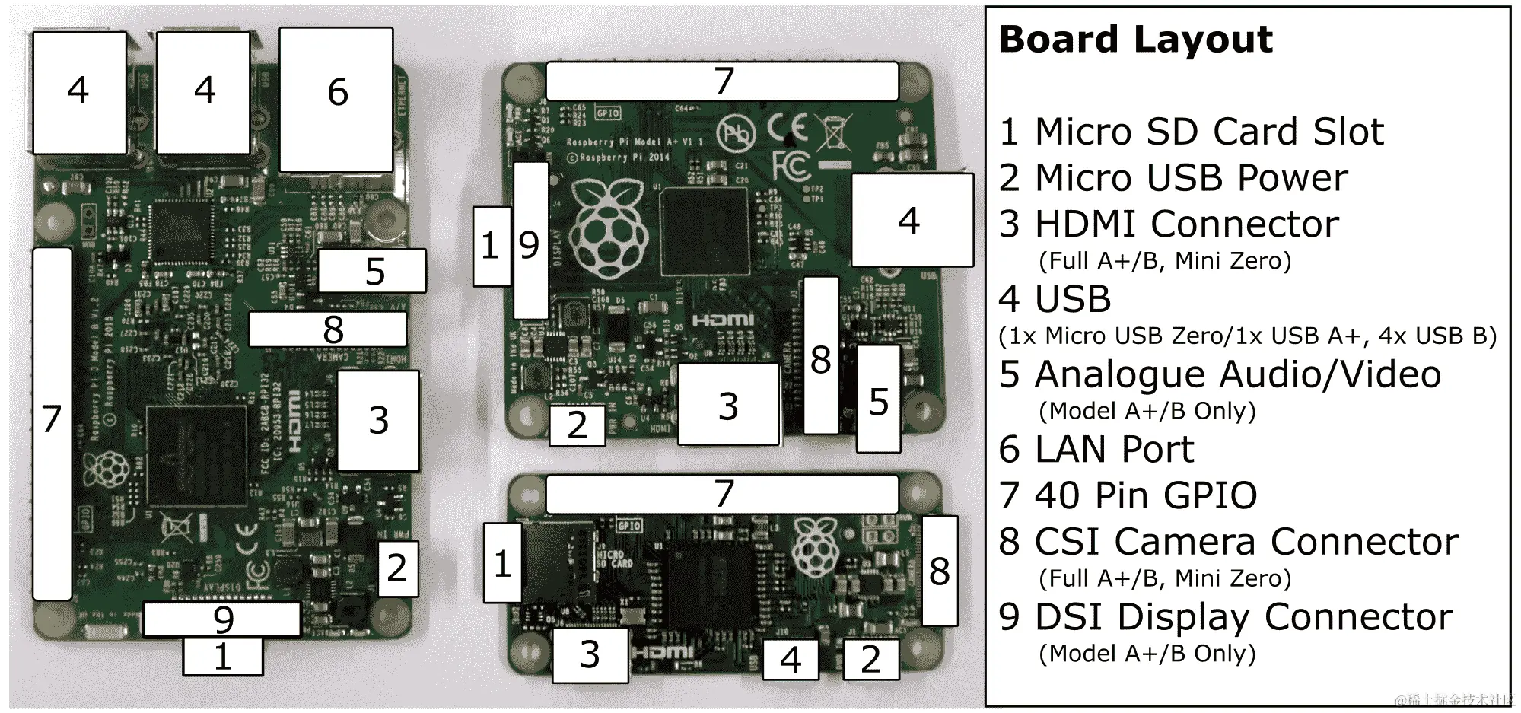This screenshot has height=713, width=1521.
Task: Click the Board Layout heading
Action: click(1135, 40)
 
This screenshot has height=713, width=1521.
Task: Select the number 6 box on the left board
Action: click(336, 100)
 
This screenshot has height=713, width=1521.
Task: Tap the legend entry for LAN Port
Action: click(1096, 450)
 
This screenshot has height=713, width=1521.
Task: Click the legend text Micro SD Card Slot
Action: click(1192, 132)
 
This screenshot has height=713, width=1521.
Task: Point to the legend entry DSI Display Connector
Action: click(1226, 617)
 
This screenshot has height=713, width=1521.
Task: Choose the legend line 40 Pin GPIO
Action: click(1128, 495)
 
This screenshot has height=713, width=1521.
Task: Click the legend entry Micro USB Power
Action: click(1173, 178)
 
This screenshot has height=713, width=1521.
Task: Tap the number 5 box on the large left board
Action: click(372, 271)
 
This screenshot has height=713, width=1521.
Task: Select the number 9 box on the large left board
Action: click(222, 619)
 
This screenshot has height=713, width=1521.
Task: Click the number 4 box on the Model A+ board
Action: click(912, 220)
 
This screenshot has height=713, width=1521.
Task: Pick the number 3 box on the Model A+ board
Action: click(728, 405)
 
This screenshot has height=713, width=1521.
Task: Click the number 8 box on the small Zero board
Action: click(940, 570)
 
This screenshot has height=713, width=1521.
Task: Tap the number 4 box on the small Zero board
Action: click(791, 659)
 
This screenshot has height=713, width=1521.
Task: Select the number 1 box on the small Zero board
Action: click(503, 563)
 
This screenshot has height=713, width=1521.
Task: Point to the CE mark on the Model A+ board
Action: click(786, 128)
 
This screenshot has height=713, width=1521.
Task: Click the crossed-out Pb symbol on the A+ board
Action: click(736, 134)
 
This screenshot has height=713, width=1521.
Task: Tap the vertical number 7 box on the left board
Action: click(52, 422)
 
